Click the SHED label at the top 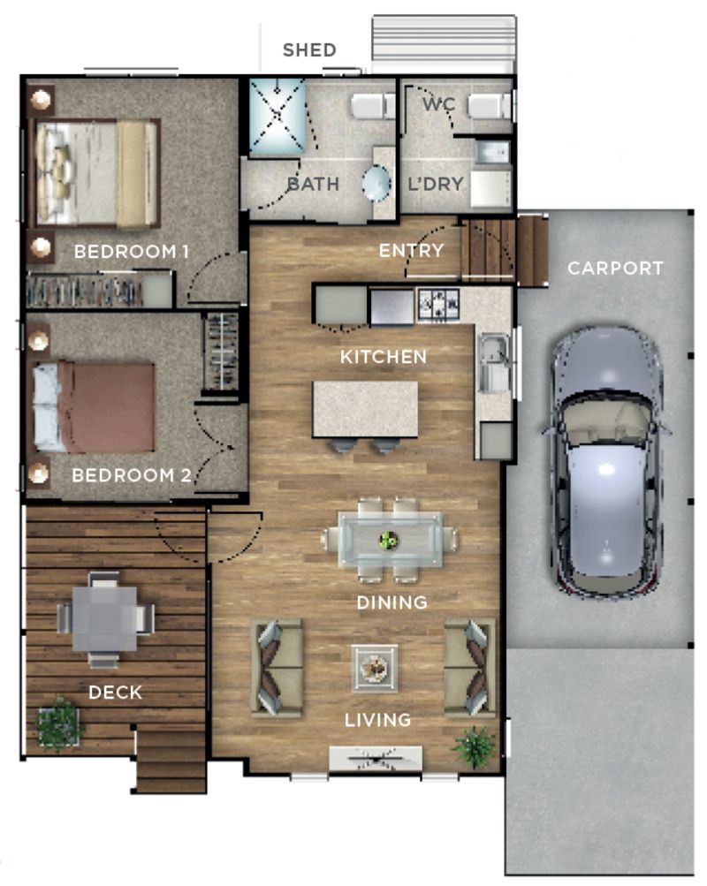309,49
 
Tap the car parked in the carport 605,459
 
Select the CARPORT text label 615,268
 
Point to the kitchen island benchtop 365,408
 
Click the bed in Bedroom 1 95,174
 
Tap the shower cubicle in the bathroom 277,117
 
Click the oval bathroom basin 376,185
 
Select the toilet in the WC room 489,107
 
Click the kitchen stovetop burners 438,306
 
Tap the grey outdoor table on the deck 104,618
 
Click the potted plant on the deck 58,723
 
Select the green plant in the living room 475,746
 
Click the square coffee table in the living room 375,668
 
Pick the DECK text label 115,693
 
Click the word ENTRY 411,251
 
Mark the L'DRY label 435,185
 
